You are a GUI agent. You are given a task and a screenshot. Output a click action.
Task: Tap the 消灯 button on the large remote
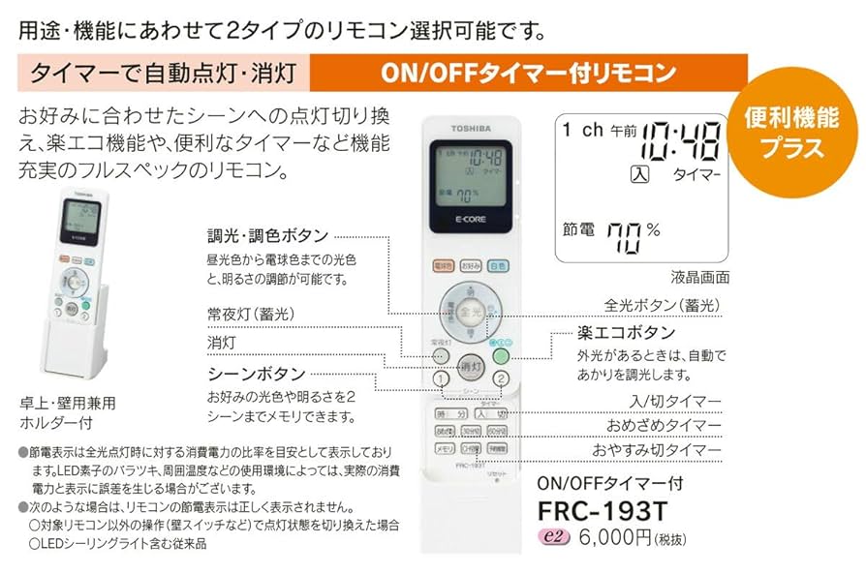471,368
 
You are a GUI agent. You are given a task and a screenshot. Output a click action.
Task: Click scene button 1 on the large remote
441,378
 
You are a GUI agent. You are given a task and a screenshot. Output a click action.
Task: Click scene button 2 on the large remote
501,378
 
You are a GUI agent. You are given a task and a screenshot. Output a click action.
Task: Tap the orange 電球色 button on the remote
442,265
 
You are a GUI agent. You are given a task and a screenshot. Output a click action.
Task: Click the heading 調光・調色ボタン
267,236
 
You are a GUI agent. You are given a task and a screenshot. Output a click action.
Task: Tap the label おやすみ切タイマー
657,451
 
